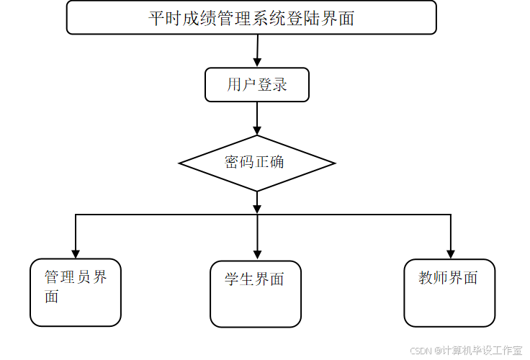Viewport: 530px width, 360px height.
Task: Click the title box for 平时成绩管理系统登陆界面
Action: (251, 17)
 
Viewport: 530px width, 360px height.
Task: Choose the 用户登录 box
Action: (257, 85)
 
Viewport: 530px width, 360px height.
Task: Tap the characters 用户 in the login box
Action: (241, 85)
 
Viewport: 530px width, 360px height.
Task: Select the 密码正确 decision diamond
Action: (257, 163)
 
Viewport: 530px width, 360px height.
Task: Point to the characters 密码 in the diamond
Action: (239, 162)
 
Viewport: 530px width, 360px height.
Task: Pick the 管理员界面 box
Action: (75, 292)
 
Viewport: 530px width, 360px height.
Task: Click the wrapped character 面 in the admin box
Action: (52, 296)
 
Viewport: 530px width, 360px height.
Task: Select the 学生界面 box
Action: (256, 294)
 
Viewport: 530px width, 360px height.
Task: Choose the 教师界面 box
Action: (449, 293)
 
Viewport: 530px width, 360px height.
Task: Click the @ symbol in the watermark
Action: (436, 350)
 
